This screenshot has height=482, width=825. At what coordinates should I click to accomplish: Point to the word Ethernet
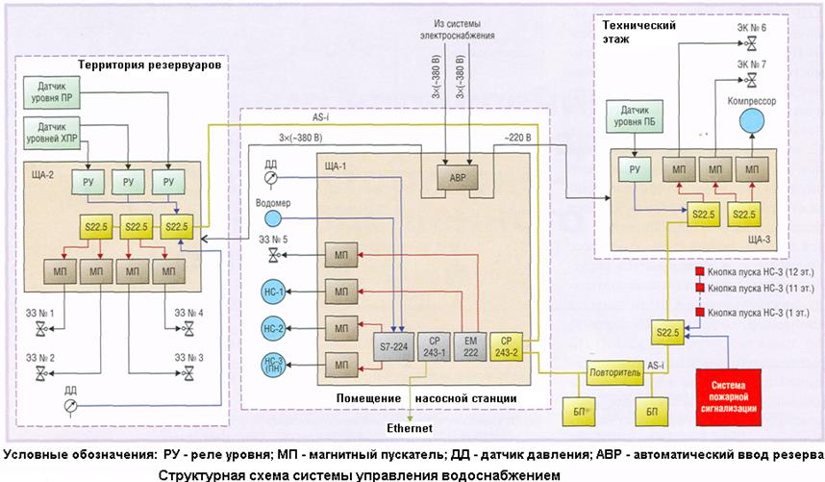411,428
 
